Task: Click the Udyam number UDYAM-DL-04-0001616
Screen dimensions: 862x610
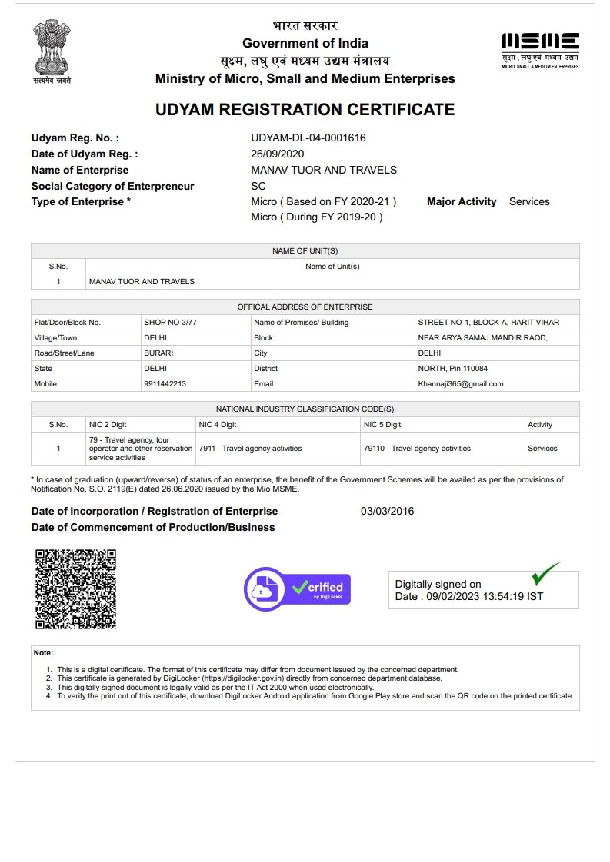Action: (308, 138)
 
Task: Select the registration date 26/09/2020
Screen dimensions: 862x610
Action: (278, 154)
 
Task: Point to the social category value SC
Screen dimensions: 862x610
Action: (258, 186)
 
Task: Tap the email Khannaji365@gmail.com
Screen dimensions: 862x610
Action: (461, 384)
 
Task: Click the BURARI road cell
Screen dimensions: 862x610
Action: (158, 353)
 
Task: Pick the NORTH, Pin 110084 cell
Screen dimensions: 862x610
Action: (453, 369)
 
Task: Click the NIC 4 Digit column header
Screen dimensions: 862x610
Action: (218, 425)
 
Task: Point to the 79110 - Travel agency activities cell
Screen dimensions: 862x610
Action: (417, 449)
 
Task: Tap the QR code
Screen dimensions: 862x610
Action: (76, 589)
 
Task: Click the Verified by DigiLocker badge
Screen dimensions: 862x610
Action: (297, 589)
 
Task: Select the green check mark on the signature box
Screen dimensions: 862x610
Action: (545, 573)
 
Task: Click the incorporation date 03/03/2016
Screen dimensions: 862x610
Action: (387, 512)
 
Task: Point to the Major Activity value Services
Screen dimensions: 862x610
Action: (529, 202)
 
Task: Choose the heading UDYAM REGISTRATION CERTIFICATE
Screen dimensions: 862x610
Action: (305, 110)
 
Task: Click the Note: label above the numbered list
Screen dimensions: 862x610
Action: (44, 653)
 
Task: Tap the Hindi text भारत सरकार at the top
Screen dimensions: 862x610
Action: (305, 26)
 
